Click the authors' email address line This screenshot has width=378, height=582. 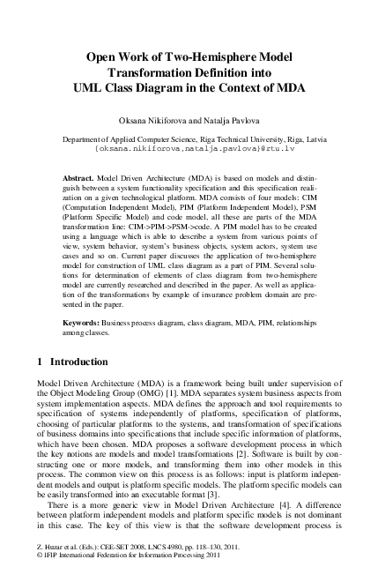tap(188, 149)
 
